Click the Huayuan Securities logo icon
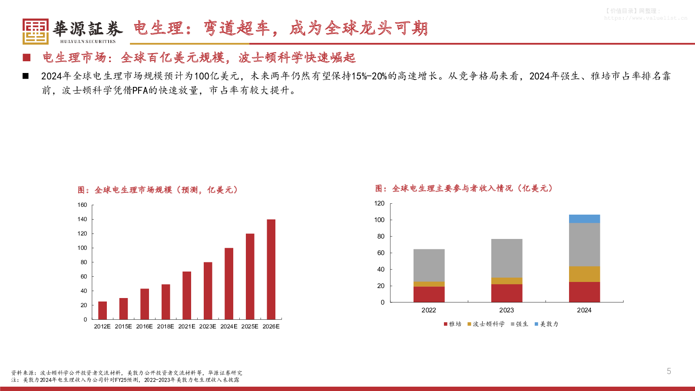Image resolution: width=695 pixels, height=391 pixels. pos(36,31)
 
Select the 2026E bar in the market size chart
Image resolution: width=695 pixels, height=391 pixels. pos(271,269)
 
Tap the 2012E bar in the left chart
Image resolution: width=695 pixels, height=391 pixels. pos(103,310)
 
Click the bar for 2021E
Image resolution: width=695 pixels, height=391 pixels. pos(187,295)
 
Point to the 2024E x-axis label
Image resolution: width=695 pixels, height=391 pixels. pos(229,326)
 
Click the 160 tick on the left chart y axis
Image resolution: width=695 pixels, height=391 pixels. pos(82,205)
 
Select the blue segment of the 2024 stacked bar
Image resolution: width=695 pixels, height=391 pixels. pos(584,219)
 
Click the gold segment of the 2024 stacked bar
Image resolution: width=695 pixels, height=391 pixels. pos(584,274)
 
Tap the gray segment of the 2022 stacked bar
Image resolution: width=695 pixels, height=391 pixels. pos(429,265)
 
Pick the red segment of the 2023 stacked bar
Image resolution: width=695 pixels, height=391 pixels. pos(506,293)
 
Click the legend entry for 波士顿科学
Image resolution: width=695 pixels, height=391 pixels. pos(486,324)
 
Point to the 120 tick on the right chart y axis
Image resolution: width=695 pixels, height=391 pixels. pos(379,203)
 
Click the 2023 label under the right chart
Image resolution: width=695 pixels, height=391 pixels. pos(506,310)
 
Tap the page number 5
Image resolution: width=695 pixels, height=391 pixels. pos(669,371)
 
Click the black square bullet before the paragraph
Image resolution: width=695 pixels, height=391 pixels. pos(26,76)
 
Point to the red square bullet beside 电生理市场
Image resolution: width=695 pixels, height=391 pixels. pos(26,57)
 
